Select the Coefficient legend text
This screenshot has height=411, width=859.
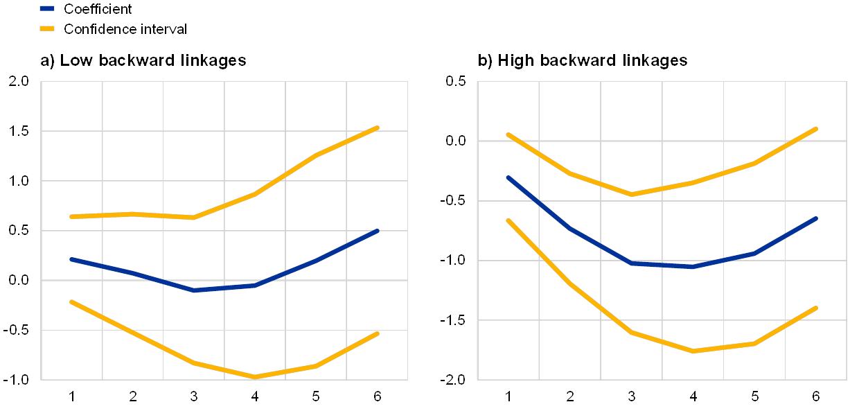tap(97, 9)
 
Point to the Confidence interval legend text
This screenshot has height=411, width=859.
tap(123, 29)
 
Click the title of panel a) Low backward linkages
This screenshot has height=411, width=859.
tap(143, 61)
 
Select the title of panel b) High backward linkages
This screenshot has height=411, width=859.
tap(583, 61)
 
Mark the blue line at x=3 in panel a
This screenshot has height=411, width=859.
tap(194, 290)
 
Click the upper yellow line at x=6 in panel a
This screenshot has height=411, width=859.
tap(378, 128)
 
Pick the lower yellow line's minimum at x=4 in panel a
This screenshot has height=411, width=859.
tap(255, 376)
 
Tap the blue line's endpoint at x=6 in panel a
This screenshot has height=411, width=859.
tap(378, 230)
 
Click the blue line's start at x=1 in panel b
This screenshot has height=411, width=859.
tap(508, 177)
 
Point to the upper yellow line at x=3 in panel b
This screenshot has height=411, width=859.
tap(631, 194)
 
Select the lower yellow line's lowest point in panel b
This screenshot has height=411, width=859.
tap(692, 351)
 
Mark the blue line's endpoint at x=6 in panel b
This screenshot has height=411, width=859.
tap(816, 218)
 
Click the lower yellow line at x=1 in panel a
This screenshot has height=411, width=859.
tap(71, 301)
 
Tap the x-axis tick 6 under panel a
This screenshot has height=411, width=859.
tap(378, 396)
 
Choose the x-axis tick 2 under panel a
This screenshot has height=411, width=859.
tap(133, 396)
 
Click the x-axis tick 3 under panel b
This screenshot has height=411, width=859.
tap(631, 396)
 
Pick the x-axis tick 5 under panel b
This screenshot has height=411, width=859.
tap(754, 396)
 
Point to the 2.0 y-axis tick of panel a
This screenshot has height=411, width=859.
tap(19, 82)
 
